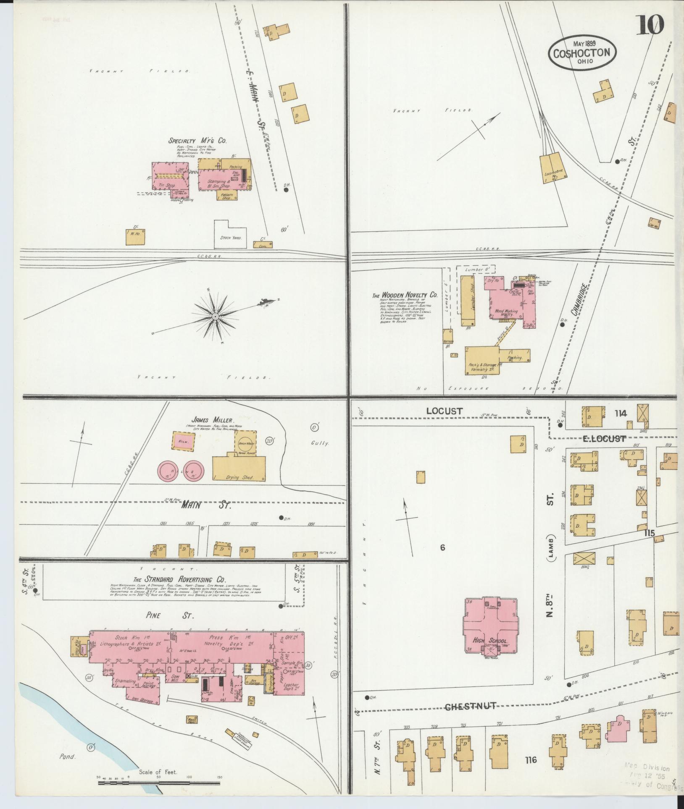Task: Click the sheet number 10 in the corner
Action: point(650,26)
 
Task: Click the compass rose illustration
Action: point(215,316)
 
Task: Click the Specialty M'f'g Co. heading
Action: point(197,141)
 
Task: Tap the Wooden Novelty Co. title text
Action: point(404,296)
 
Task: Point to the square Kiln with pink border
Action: point(184,441)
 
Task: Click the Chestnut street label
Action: point(470,706)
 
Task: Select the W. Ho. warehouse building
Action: point(135,237)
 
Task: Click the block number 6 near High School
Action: point(442,547)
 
